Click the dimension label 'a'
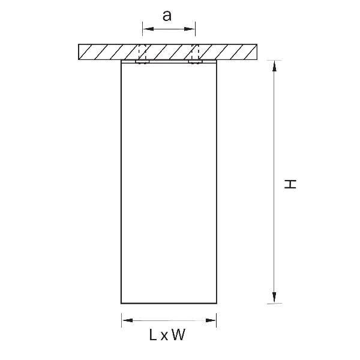[167, 16]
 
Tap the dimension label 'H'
[290, 184]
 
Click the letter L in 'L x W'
[153, 335]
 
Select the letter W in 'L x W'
[178, 335]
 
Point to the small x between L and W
[164, 337]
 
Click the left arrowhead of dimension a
[148, 29]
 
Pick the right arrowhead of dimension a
[190, 29]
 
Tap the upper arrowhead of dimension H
[274, 66]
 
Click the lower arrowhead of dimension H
[274, 298]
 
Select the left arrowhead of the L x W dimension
[128, 320]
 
